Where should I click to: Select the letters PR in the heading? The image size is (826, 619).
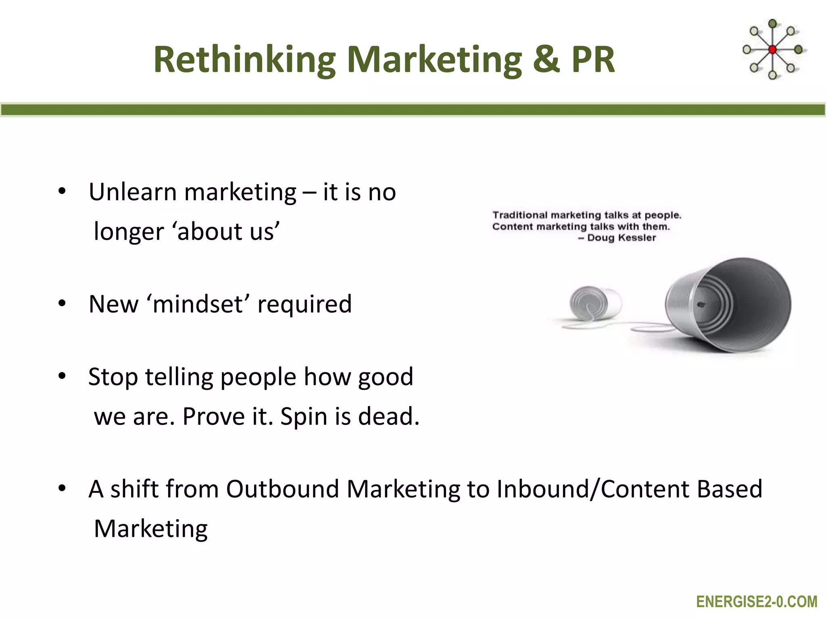pyautogui.click(x=592, y=60)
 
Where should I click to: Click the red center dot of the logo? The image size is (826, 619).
pyautogui.click(x=772, y=50)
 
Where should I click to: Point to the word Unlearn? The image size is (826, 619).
pyautogui.click(x=132, y=192)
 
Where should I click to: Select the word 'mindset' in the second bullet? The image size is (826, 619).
pyautogui.click(x=198, y=304)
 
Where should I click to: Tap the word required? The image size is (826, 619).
pyautogui.click(x=305, y=305)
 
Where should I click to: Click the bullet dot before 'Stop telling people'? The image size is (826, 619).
pyautogui.click(x=62, y=376)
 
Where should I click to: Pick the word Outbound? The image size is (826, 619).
pyautogui.click(x=282, y=489)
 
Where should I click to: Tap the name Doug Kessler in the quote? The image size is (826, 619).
pyautogui.click(x=621, y=238)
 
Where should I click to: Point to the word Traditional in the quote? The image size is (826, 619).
pyautogui.click(x=520, y=215)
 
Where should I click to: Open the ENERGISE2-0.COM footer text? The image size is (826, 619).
pyautogui.click(x=757, y=602)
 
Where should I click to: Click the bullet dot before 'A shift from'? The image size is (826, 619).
pyautogui.click(x=62, y=488)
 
